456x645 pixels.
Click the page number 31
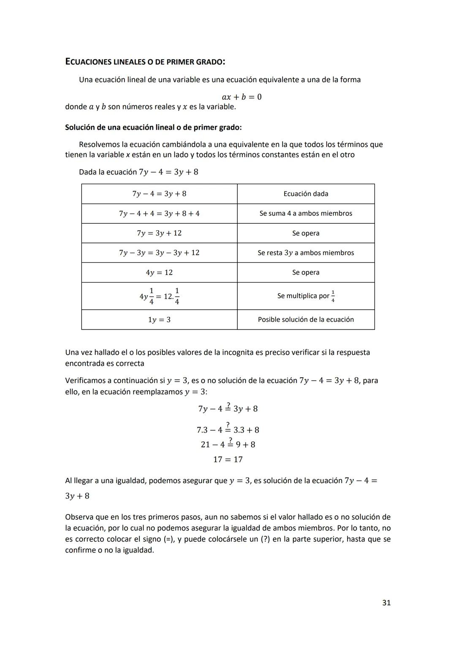click(386, 603)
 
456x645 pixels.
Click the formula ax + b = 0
click(242, 97)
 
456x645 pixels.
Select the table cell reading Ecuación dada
click(306, 194)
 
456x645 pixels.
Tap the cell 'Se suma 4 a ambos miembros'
click(306, 213)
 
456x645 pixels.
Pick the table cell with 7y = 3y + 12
click(159, 233)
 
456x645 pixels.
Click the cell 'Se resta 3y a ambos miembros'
click(306, 253)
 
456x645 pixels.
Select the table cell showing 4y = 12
click(159, 272)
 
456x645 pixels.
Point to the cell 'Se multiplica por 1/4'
click(306, 296)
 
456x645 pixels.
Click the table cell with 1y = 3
click(159, 320)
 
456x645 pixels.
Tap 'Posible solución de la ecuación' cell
click(306, 320)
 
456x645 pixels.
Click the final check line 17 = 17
click(228, 459)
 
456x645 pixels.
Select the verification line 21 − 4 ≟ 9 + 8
click(228, 444)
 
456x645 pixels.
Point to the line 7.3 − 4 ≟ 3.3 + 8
click(228, 429)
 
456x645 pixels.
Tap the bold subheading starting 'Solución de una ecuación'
click(153, 127)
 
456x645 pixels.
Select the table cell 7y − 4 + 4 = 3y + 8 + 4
click(159, 213)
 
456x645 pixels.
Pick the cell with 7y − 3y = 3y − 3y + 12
click(159, 253)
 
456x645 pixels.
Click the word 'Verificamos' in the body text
click(86, 381)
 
